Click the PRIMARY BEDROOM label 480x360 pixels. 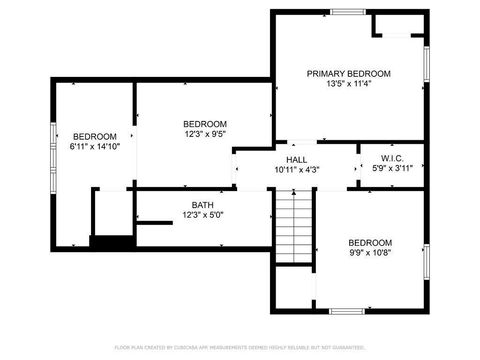point(348,74)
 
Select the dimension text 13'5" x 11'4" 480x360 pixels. point(348,84)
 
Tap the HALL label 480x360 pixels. point(297,159)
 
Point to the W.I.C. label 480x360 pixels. point(392,158)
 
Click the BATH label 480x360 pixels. point(203,205)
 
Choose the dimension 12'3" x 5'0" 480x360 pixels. point(203,215)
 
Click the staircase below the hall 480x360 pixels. point(295,227)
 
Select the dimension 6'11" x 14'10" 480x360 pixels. point(95,146)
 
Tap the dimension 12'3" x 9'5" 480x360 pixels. point(205,133)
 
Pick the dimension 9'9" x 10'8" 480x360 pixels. point(369,253)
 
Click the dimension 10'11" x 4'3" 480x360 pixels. point(297,169)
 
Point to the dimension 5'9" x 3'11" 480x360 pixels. point(392,168)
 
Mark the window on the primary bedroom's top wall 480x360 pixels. point(347,12)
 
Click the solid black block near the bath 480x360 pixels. point(112,241)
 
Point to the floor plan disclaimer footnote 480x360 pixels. point(240,347)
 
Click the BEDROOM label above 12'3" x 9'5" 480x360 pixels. point(205,123)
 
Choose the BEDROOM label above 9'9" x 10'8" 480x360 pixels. point(369,243)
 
